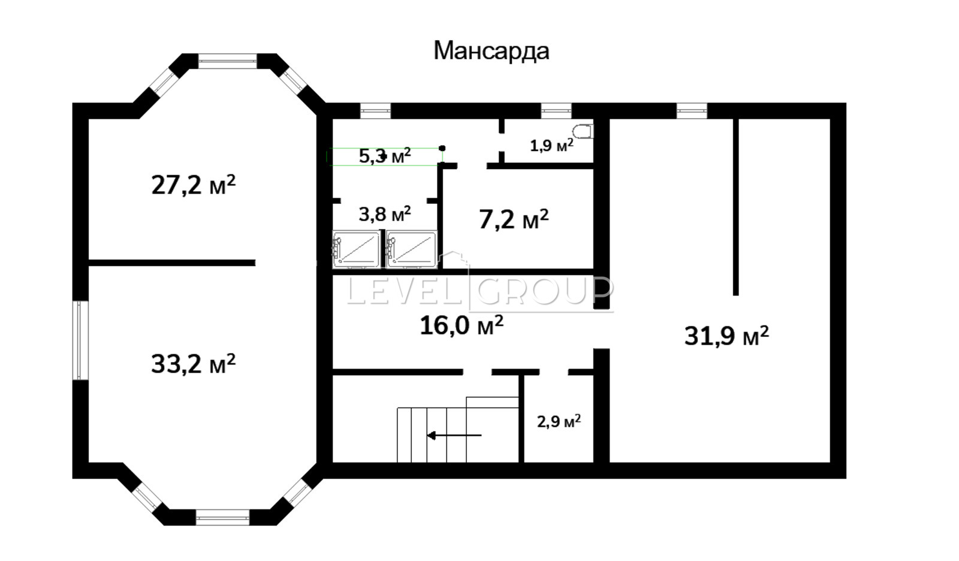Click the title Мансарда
pyautogui.click(x=491, y=51)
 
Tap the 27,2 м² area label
pyautogui.click(x=194, y=185)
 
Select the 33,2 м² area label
pyautogui.click(x=194, y=364)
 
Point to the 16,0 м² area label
pyautogui.click(x=462, y=325)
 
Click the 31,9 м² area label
pyautogui.click(x=726, y=335)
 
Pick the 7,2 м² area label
pyautogui.click(x=514, y=219)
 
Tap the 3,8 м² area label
pyautogui.click(x=385, y=214)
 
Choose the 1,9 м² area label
pyautogui.click(x=552, y=146)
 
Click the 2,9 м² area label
pyautogui.click(x=559, y=421)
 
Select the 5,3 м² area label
pyautogui.click(x=385, y=156)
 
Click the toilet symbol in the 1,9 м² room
pyautogui.click(x=583, y=131)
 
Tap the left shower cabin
pyautogui.click(x=356, y=250)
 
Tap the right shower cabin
pyautogui.click(x=411, y=250)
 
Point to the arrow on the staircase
pyautogui.click(x=454, y=436)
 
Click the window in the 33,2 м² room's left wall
pyautogui.click(x=80, y=340)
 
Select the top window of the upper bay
pyautogui.click(x=227, y=61)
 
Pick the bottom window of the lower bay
pyautogui.click(x=222, y=517)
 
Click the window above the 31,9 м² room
pyautogui.click(x=692, y=110)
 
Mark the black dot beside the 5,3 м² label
pyautogui.click(x=442, y=148)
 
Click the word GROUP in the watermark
pyautogui.click(x=544, y=291)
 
